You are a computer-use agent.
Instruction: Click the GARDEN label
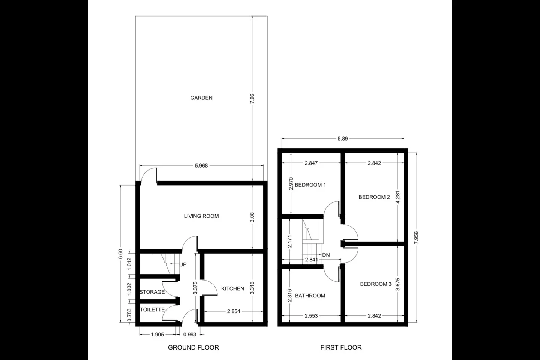click(201, 98)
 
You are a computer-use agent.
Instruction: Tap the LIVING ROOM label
click(201, 216)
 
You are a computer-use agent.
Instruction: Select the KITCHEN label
click(232, 289)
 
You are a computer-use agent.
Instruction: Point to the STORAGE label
click(152, 292)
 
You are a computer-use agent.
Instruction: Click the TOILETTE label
click(152, 310)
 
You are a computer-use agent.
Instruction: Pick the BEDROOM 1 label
click(310, 185)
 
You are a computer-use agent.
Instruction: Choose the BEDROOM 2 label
click(374, 197)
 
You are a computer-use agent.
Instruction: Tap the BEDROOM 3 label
click(376, 284)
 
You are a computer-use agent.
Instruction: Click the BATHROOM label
click(310, 295)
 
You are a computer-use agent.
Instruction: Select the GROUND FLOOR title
click(193, 348)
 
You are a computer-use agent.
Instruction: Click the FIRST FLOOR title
click(341, 348)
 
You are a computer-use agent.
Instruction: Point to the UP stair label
click(183, 264)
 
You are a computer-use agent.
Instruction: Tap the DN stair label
click(326, 255)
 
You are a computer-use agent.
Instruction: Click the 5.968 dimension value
click(201, 166)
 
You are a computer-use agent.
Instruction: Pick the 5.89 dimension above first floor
click(343, 139)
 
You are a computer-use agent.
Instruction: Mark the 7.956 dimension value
click(416, 238)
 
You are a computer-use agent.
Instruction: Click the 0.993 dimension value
click(190, 334)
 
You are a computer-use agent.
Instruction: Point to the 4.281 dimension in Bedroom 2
click(398, 197)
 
